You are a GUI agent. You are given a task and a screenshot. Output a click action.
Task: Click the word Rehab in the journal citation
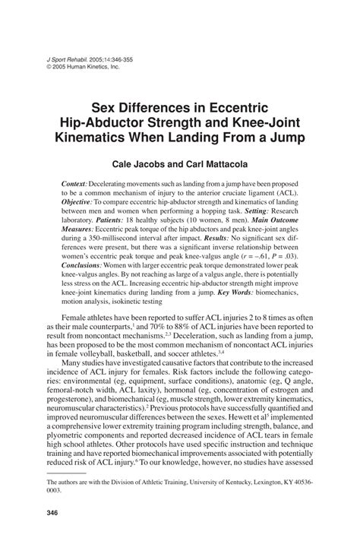click(72, 58)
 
